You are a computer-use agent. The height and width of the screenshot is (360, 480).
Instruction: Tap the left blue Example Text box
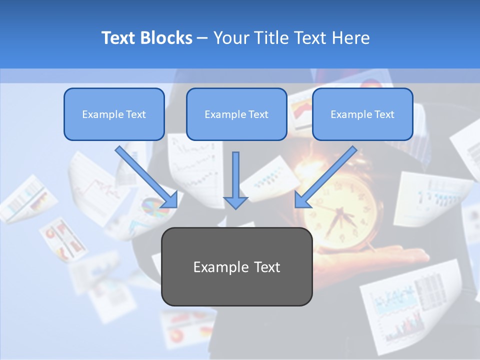click(114, 114)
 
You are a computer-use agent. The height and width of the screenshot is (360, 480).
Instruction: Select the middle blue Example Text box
click(236, 114)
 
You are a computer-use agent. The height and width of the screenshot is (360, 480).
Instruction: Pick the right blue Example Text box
click(362, 114)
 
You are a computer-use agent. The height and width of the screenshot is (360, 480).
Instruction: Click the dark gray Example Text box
click(236, 267)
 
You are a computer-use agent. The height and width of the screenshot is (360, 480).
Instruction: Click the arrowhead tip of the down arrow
click(235, 207)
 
